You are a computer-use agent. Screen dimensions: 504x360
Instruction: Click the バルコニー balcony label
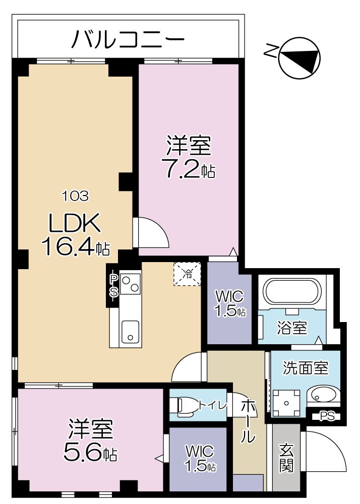pos(128,39)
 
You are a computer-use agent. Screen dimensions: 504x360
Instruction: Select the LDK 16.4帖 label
pos(76,234)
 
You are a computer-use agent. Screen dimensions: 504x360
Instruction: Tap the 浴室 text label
pos(292,328)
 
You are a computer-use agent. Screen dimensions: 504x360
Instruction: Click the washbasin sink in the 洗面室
pos(323,396)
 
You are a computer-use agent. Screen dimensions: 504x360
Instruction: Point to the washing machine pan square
pos(287,403)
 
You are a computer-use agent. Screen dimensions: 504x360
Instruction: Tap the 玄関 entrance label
pos(286,458)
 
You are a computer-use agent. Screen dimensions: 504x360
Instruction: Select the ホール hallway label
pos(247,421)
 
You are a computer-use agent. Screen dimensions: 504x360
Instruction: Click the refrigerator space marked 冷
pos(187,274)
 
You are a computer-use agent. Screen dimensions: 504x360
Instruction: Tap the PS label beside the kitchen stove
pos(114,285)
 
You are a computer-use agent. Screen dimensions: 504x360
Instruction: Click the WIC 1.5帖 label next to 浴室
pos(229,303)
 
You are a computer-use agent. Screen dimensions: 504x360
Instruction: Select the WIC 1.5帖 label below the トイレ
pos(200,458)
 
